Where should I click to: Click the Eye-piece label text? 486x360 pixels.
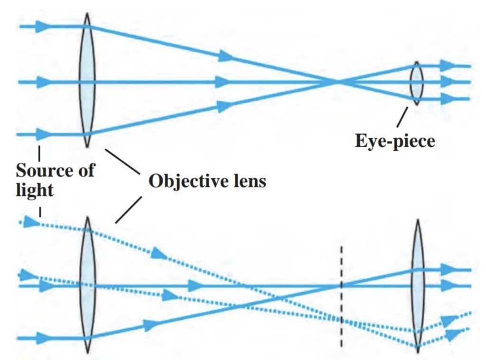[x=395, y=141]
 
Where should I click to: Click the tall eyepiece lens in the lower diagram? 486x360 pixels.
[x=417, y=285]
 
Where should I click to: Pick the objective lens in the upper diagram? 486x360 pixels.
[x=87, y=81]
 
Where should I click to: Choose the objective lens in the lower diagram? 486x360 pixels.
[x=87, y=285]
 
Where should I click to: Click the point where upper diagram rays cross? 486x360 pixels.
[x=338, y=82]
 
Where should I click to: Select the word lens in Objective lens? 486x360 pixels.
[x=248, y=181]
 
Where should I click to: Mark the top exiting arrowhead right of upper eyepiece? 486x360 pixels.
[x=447, y=66]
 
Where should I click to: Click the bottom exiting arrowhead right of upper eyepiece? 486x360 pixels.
[x=447, y=99]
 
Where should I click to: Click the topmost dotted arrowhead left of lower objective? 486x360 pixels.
[x=32, y=221]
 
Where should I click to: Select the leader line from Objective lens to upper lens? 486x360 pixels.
[x=123, y=161]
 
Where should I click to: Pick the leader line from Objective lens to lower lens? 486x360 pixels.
[x=128, y=209]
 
